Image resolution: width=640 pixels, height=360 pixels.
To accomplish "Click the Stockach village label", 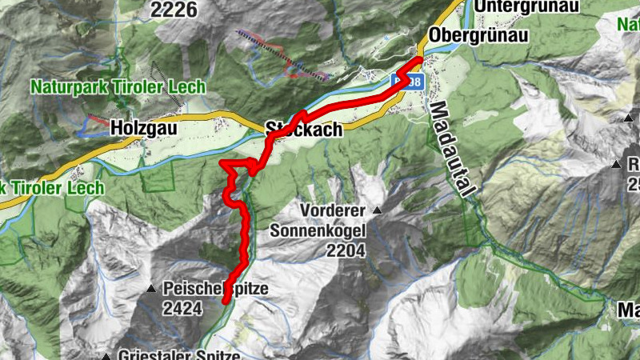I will (x=304, y=128).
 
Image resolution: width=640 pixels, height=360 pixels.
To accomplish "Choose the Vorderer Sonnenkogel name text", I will (x=318, y=221).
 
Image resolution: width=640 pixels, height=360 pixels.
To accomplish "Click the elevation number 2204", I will (x=346, y=251).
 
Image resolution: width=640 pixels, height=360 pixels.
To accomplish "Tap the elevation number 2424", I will (x=181, y=308).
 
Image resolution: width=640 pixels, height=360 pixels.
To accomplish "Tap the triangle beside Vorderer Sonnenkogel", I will (x=376, y=210).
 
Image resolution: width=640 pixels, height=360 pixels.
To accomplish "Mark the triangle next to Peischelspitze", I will (x=151, y=289).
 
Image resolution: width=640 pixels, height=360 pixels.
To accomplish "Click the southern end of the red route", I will (x=225, y=301).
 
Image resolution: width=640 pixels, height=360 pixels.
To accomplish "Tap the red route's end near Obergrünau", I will (x=420, y=61).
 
